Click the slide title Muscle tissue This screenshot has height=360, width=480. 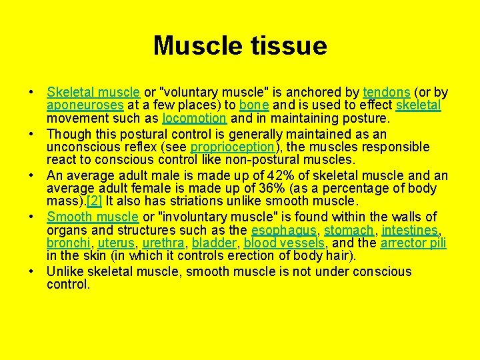click(240, 46)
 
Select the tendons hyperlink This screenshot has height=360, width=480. click(387, 93)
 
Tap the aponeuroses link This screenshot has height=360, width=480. click(85, 106)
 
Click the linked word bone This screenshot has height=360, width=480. click(253, 106)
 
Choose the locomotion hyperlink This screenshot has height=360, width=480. click(195, 119)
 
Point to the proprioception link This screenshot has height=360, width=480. click(232, 147)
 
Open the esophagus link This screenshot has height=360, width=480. click(284, 230)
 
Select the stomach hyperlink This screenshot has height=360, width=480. click(349, 230)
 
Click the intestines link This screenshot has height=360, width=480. click(410, 230)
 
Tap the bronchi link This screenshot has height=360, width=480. click(67, 243)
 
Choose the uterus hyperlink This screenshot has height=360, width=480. click(115, 243)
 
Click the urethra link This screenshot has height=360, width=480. click(163, 243)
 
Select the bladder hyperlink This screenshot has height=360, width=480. click(214, 243)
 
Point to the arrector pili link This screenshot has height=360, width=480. click(413, 243)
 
